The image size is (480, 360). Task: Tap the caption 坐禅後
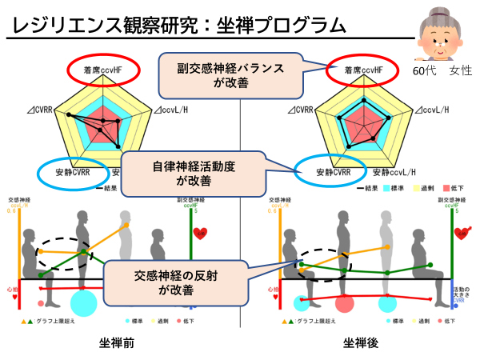[x=361, y=342]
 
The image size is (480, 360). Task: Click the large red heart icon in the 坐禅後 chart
[x=462, y=233]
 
